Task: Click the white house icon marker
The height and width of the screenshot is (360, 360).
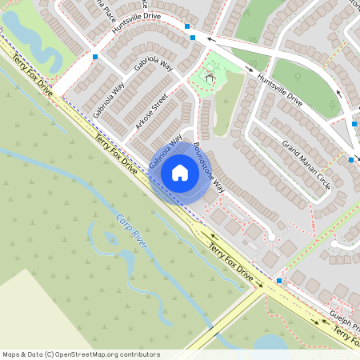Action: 179,172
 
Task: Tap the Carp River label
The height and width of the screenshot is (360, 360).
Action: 132,231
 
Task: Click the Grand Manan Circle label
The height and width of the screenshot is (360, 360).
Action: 306,164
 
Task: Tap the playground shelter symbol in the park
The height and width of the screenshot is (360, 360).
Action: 210,78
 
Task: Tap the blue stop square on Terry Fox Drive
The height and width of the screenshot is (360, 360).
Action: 278,281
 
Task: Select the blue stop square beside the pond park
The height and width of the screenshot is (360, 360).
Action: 95,57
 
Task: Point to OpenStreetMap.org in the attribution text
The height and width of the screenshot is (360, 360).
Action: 88,354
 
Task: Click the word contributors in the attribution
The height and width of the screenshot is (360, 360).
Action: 138,354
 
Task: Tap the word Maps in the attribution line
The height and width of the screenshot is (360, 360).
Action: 11,354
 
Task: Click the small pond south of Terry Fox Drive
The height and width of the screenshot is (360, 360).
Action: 272,342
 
